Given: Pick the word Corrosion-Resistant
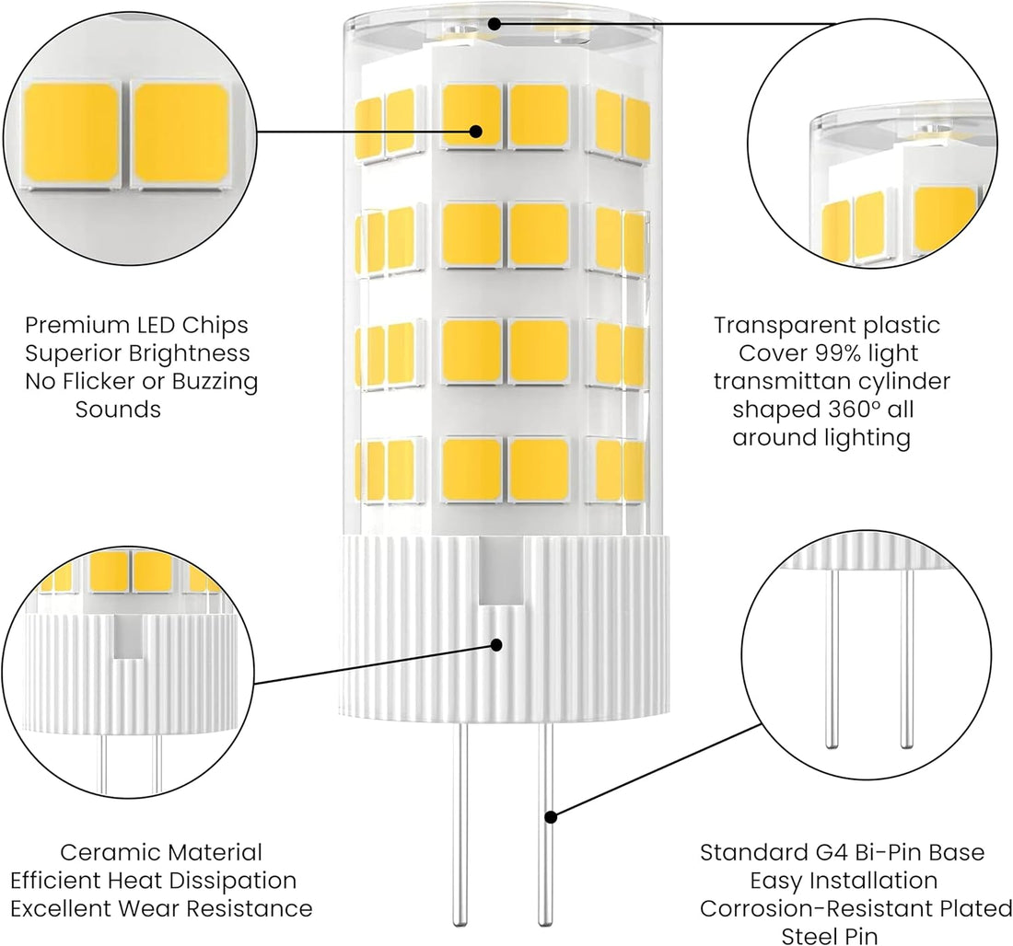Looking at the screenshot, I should [814, 909].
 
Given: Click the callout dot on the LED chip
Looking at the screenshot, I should [476, 131].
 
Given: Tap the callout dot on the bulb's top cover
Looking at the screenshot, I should [495, 23].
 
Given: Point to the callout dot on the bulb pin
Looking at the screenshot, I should [551, 815].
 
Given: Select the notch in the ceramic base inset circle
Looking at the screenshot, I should [125, 643].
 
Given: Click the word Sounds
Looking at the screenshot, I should [118, 410].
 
